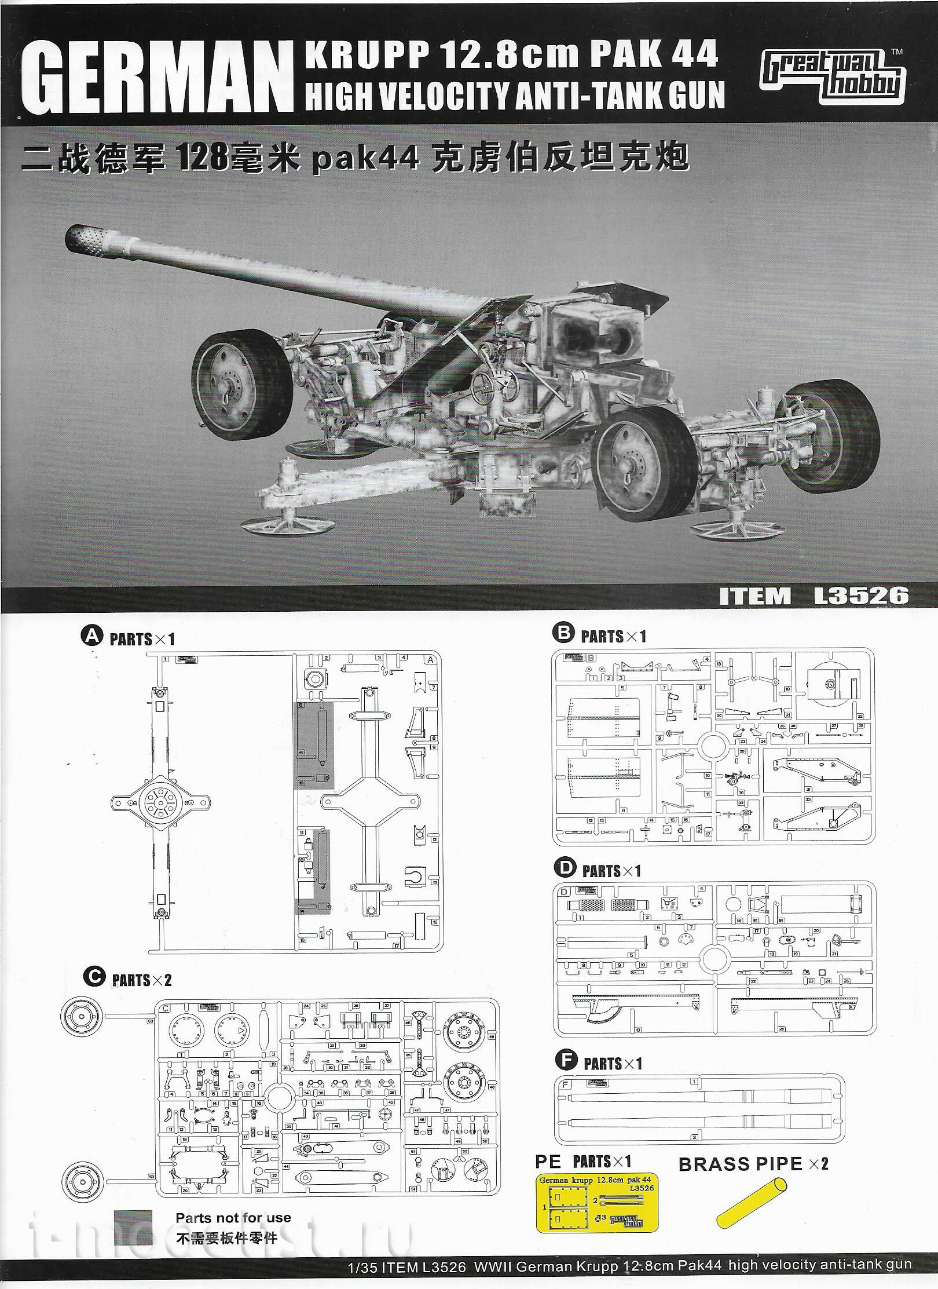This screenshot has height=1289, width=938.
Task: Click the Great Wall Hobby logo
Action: [x=833, y=76]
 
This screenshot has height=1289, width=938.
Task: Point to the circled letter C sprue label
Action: [x=94, y=977]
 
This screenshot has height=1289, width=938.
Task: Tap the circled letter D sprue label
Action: [x=565, y=867]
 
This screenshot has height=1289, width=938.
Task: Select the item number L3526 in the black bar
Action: [x=861, y=596]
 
